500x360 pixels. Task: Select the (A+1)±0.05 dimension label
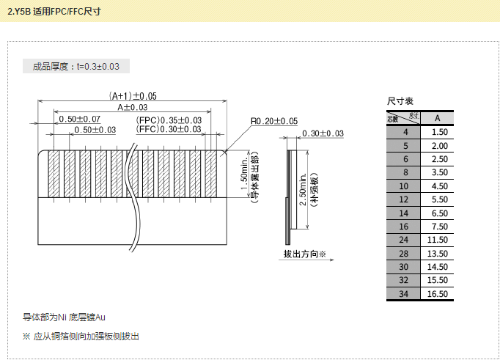(x=133, y=95)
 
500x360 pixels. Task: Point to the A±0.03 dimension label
(x=132, y=107)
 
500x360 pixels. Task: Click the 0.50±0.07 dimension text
(x=79, y=119)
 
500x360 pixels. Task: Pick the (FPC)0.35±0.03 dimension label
(x=169, y=120)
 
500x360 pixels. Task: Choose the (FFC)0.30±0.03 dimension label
(x=169, y=129)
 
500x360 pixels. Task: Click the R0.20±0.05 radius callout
(x=273, y=121)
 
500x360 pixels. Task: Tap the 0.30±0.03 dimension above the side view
(x=322, y=133)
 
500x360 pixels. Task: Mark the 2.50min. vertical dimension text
(x=303, y=187)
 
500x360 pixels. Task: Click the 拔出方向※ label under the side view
(x=304, y=254)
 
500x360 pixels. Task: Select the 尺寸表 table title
(x=400, y=101)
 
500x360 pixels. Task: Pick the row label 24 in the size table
(x=404, y=240)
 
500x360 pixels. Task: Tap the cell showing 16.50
(x=438, y=294)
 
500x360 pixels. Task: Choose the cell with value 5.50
(x=438, y=199)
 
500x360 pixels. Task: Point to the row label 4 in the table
(x=404, y=132)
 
